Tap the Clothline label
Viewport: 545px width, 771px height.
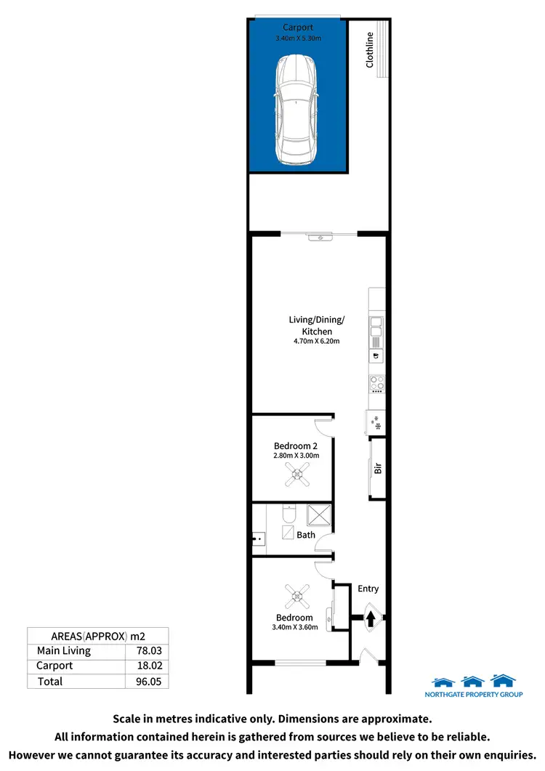tap(370, 50)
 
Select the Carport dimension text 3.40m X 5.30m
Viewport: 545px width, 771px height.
tap(298, 39)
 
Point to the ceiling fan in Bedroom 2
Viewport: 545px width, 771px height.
tap(296, 476)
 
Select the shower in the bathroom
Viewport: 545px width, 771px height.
tap(318, 515)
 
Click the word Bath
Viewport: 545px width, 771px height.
tap(306, 535)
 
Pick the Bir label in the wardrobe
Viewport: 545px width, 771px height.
tap(378, 469)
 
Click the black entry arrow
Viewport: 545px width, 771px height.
tap(371, 619)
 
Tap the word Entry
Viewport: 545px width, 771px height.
tap(368, 589)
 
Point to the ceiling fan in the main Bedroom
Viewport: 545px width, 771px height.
tap(296, 597)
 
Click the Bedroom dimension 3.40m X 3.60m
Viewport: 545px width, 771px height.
tap(295, 628)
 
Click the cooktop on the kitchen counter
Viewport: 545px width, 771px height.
tap(376, 384)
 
